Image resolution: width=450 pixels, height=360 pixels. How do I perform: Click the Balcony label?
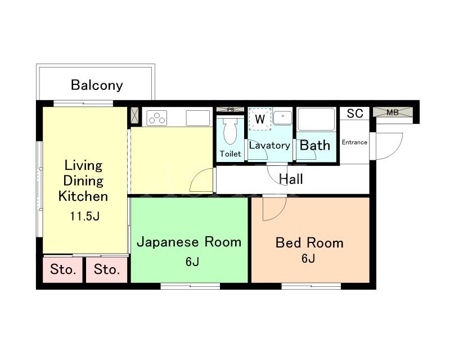pyautogui.click(x=97, y=85)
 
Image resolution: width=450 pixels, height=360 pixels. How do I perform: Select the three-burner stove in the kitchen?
pyautogui.click(x=157, y=118)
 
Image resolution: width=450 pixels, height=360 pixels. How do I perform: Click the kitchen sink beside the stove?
pyautogui.click(x=198, y=118)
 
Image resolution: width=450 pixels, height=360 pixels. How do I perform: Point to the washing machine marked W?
pyautogui.click(x=260, y=119)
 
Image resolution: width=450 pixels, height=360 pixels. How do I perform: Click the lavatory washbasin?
pyautogui.click(x=282, y=118)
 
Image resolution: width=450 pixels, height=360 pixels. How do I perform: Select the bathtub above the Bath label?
pyautogui.click(x=316, y=119)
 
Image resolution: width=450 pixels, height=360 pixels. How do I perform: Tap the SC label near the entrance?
pyautogui.click(x=355, y=114)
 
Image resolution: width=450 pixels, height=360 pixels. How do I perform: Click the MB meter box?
pyautogui.click(x=393, y=112)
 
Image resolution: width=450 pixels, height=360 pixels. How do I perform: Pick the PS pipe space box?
pyautogui.click(x=230, y=109)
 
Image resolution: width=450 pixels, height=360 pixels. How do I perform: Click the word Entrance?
pyautogui.click(x=354, y=142)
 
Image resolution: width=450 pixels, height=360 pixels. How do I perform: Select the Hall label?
pyautogui.click(x=291, y=179)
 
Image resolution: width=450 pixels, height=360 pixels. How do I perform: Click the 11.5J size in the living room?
pyautogui.click(x=85, y=216)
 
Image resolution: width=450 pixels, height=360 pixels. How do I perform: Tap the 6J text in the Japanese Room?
pyautogui.click(x=192, y=262)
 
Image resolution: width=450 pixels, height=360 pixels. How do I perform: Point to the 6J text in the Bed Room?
pyautogui.click(x=308, y=258)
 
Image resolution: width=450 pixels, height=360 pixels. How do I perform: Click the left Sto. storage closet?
pyautogui.click(x=63, y=269)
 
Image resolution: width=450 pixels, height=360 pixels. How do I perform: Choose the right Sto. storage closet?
pyautogui.click(x=106, y=269)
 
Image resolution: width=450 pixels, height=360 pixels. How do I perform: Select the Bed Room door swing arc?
pyautogui.click(x=279, y=214)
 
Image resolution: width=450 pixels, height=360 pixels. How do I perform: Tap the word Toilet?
pyautogui.click(x=230, y=154)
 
